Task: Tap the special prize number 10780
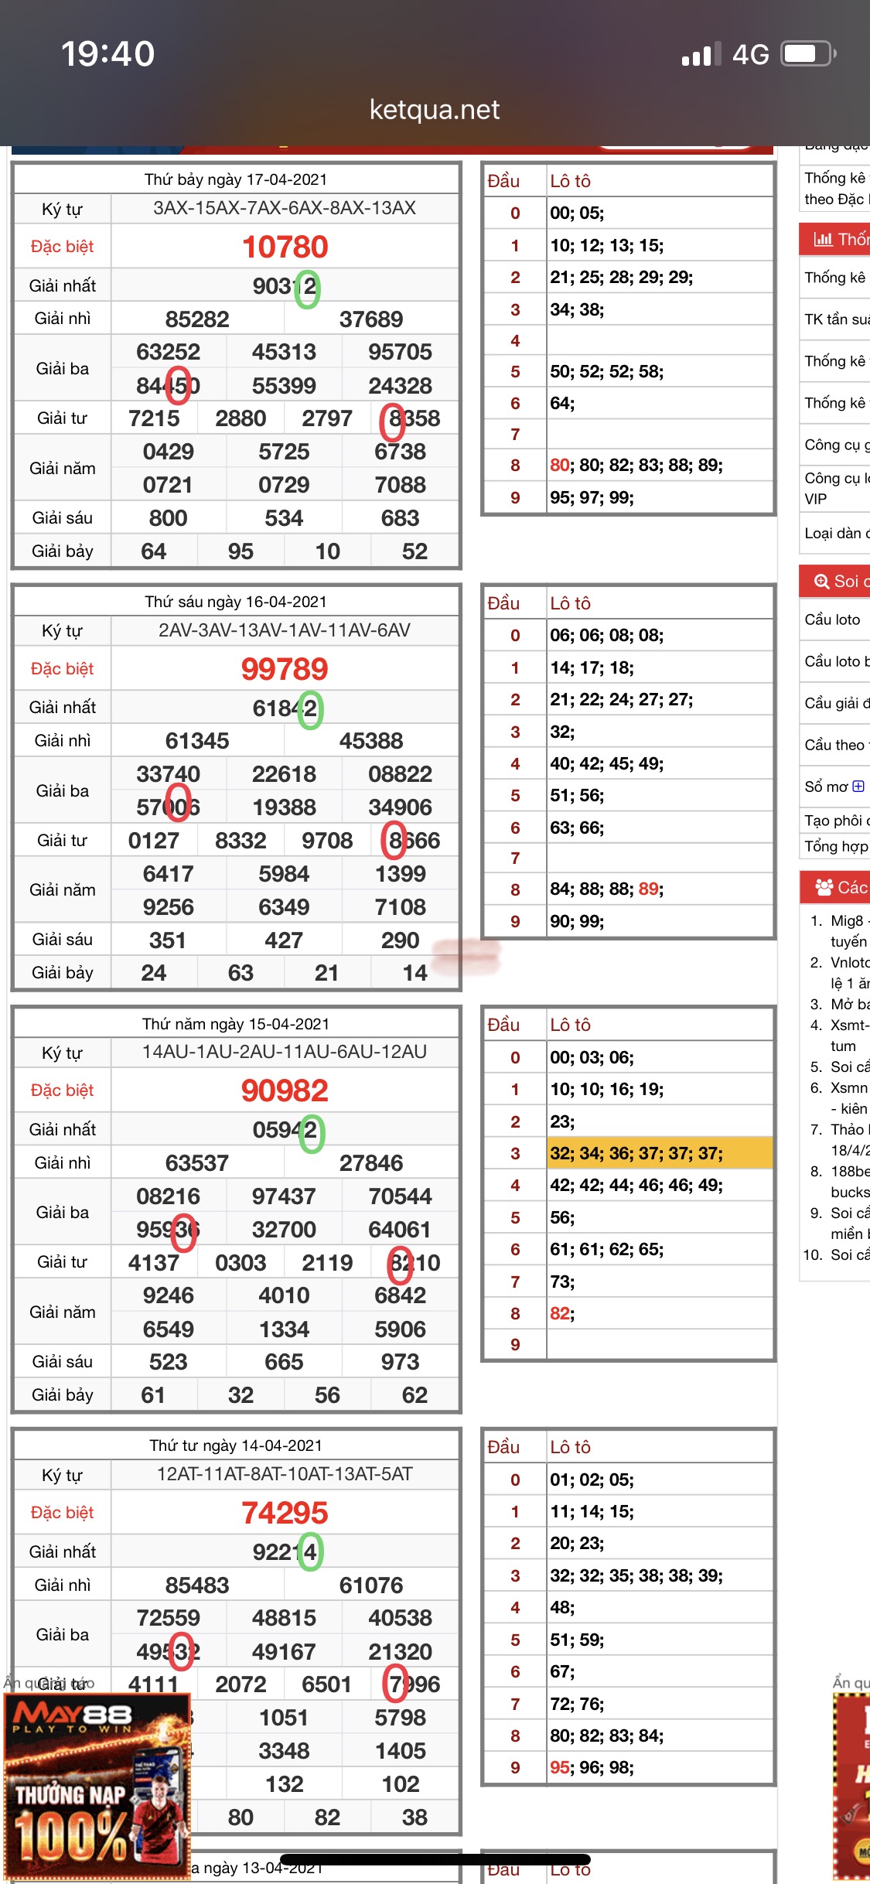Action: coord(285,247)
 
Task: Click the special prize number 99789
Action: coord(285,669)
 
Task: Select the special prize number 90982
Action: coord(285,1090)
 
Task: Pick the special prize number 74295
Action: coord(285,1513)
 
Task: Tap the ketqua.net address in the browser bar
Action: coord(435,110)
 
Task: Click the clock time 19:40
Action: coord(108,54)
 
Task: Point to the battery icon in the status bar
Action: coord(807,54)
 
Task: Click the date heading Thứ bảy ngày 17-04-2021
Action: coord(236,179)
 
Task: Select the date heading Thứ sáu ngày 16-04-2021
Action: coord(236,602)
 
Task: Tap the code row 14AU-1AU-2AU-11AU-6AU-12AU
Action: coord(285,1052)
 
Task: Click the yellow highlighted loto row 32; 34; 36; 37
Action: coord(636,1154)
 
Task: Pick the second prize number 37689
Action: coord(371,319)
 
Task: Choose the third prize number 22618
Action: coord(284,774)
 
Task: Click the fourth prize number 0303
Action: coord(241,1263)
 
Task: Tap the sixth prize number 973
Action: coord(400,1362)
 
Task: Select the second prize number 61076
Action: coord(371,1585)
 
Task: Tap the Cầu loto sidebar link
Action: coord(832,619)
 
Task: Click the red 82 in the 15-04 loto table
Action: coord(560,1313)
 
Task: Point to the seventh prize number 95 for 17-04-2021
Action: coord(241,551)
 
